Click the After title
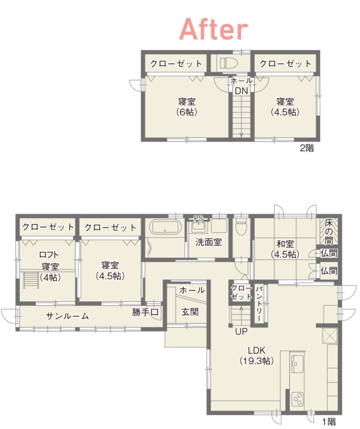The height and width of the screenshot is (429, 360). click(214, 29)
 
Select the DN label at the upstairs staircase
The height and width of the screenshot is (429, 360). click(241, 91)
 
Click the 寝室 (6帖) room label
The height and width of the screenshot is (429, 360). click(187, 107)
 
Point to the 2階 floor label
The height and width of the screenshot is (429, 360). click(307, 148)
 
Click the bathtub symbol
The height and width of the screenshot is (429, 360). click(165, 227)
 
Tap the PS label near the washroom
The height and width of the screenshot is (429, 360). click(198, 218)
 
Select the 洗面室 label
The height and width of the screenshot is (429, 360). click(209, 242)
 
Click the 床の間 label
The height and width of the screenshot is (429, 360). click(329, 232)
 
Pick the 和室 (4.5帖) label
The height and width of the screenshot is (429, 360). click(285, 249)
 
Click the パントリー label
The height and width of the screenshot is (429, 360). click(259, 304)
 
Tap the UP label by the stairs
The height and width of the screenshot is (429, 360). click(241, 331)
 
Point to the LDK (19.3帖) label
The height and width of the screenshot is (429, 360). click(256, 356)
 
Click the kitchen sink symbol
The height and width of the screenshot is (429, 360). click(297, 364)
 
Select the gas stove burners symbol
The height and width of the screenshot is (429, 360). click(297, 399)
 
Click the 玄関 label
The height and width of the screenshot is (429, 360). click(190, 312)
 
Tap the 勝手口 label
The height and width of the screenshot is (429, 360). click(145, 312)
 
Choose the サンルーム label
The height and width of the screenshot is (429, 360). click(68, 316)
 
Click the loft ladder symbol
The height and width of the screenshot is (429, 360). click(31, 279)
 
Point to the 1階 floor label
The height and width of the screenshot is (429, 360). click(329, 421)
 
